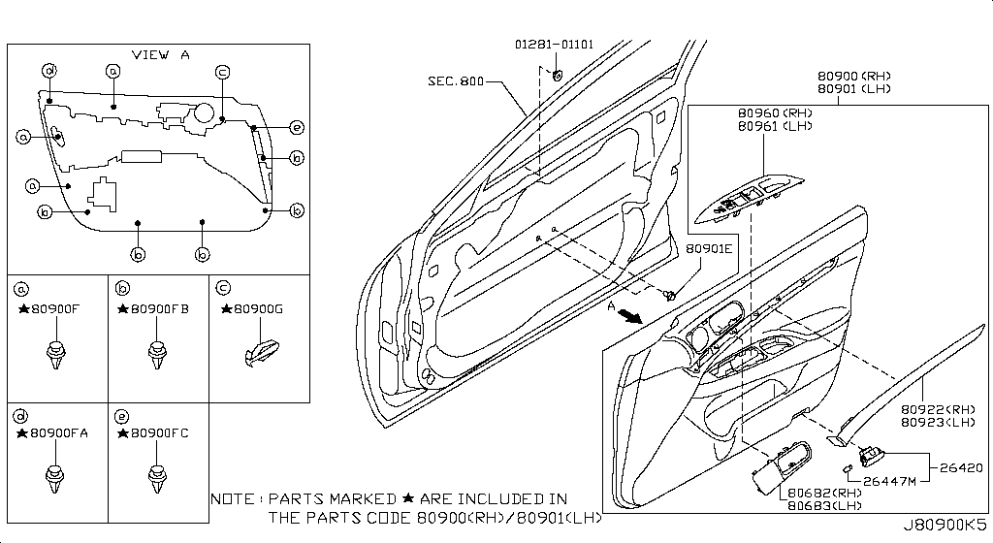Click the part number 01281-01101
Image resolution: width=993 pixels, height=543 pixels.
tap(554, 45)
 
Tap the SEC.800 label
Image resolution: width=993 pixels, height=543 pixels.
tap(456, 81)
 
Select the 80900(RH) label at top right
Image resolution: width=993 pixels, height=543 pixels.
tap(853, 76)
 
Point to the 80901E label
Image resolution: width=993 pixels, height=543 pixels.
tap(710, 248)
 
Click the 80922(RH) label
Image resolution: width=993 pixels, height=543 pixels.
tap(936, 409)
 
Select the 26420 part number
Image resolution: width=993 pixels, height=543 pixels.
tap(961, 467)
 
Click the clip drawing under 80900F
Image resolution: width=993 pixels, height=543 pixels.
tap(57, 353)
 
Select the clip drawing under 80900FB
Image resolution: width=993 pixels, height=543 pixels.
tap(155, 353)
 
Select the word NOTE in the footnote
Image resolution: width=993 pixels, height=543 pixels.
tap(234, 498)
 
